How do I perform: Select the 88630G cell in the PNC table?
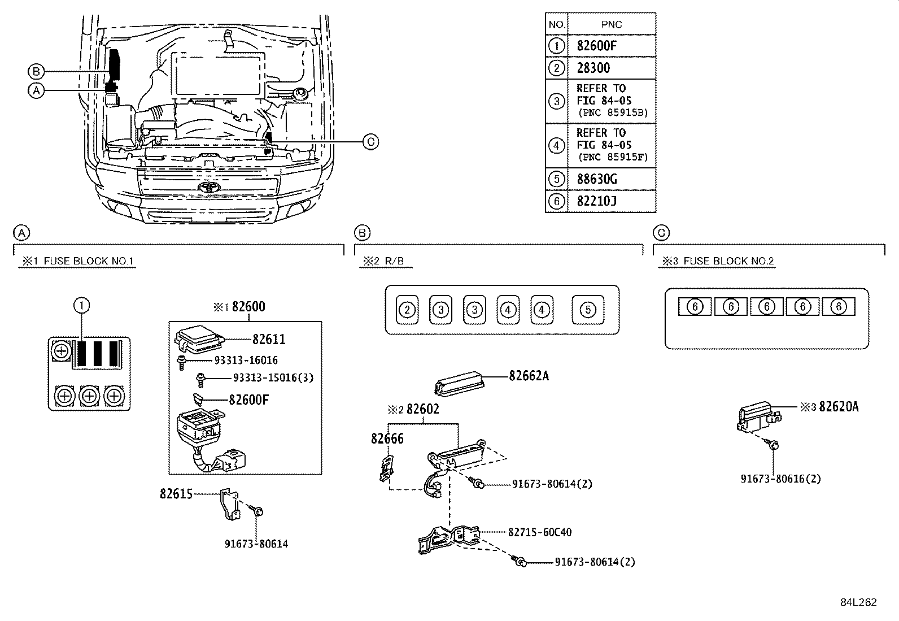[597, 179]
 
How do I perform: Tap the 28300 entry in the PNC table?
[593, 68]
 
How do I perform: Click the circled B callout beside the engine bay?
[36, 72]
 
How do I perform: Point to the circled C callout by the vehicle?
[370, 141]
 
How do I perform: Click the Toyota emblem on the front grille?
[207, 188]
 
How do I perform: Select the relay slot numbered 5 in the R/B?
[588, 310]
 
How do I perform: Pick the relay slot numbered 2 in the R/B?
[407, 310]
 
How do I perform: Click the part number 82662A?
[528, 376]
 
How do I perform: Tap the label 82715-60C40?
[539, 532]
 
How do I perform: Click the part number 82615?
[176, 494]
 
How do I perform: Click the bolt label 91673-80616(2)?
[780, 479]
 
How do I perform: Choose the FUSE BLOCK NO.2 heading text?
[728, 261]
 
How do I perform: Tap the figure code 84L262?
[858, 602]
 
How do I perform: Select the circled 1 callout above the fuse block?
[82, 306]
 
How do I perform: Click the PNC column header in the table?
[611, 24]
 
